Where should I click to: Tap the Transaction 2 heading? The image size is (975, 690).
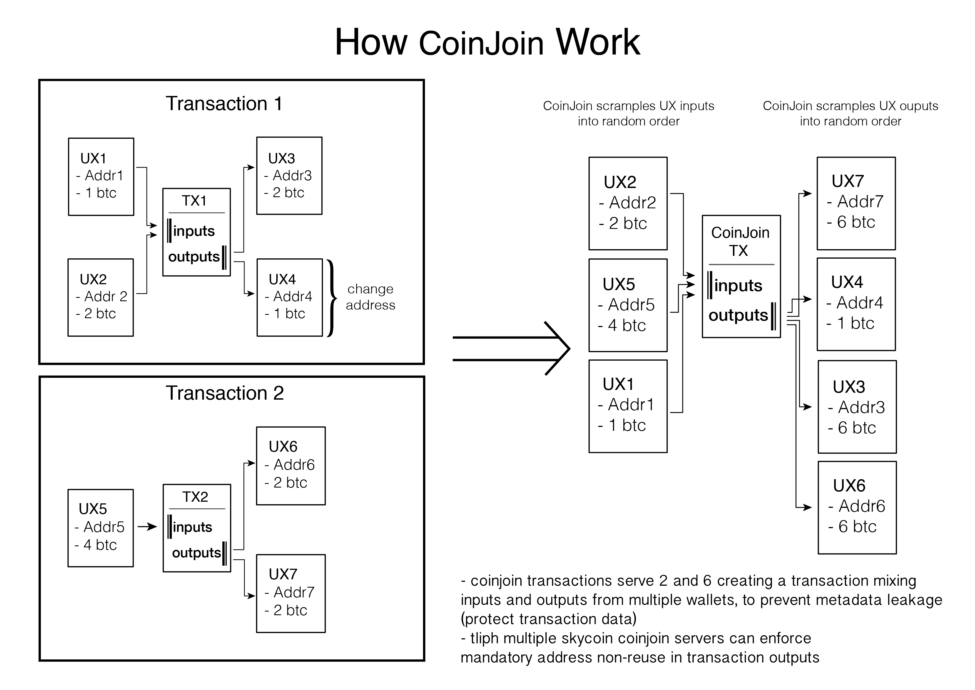225,393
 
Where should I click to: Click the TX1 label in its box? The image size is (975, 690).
194,201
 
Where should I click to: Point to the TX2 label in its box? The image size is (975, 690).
195,497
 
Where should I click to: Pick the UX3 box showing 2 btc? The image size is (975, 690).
289,175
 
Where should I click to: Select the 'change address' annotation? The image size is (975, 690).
370,297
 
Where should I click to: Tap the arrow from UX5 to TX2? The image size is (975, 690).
147,527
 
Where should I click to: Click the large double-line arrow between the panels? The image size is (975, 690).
511,349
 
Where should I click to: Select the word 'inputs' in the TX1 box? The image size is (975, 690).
194,231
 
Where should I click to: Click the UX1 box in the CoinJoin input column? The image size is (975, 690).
628,406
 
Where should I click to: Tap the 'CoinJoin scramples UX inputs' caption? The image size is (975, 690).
628,106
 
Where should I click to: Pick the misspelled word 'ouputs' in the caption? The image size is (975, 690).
919,106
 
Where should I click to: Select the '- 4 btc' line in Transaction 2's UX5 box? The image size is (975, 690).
96,545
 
